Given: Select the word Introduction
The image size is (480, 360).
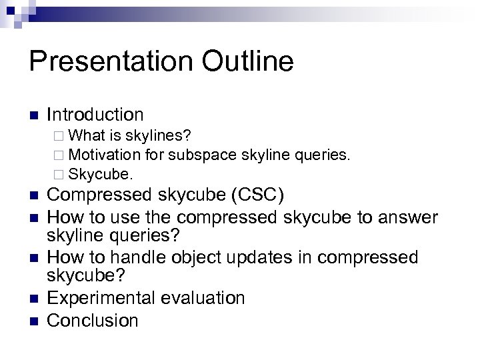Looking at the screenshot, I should coord(95,115).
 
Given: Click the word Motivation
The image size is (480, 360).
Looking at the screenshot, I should coord(104,155).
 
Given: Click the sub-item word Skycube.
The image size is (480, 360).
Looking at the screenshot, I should coord(101,175).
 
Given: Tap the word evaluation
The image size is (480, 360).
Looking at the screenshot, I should coord(202,298).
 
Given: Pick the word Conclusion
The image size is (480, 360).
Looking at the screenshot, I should coord(93,320).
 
